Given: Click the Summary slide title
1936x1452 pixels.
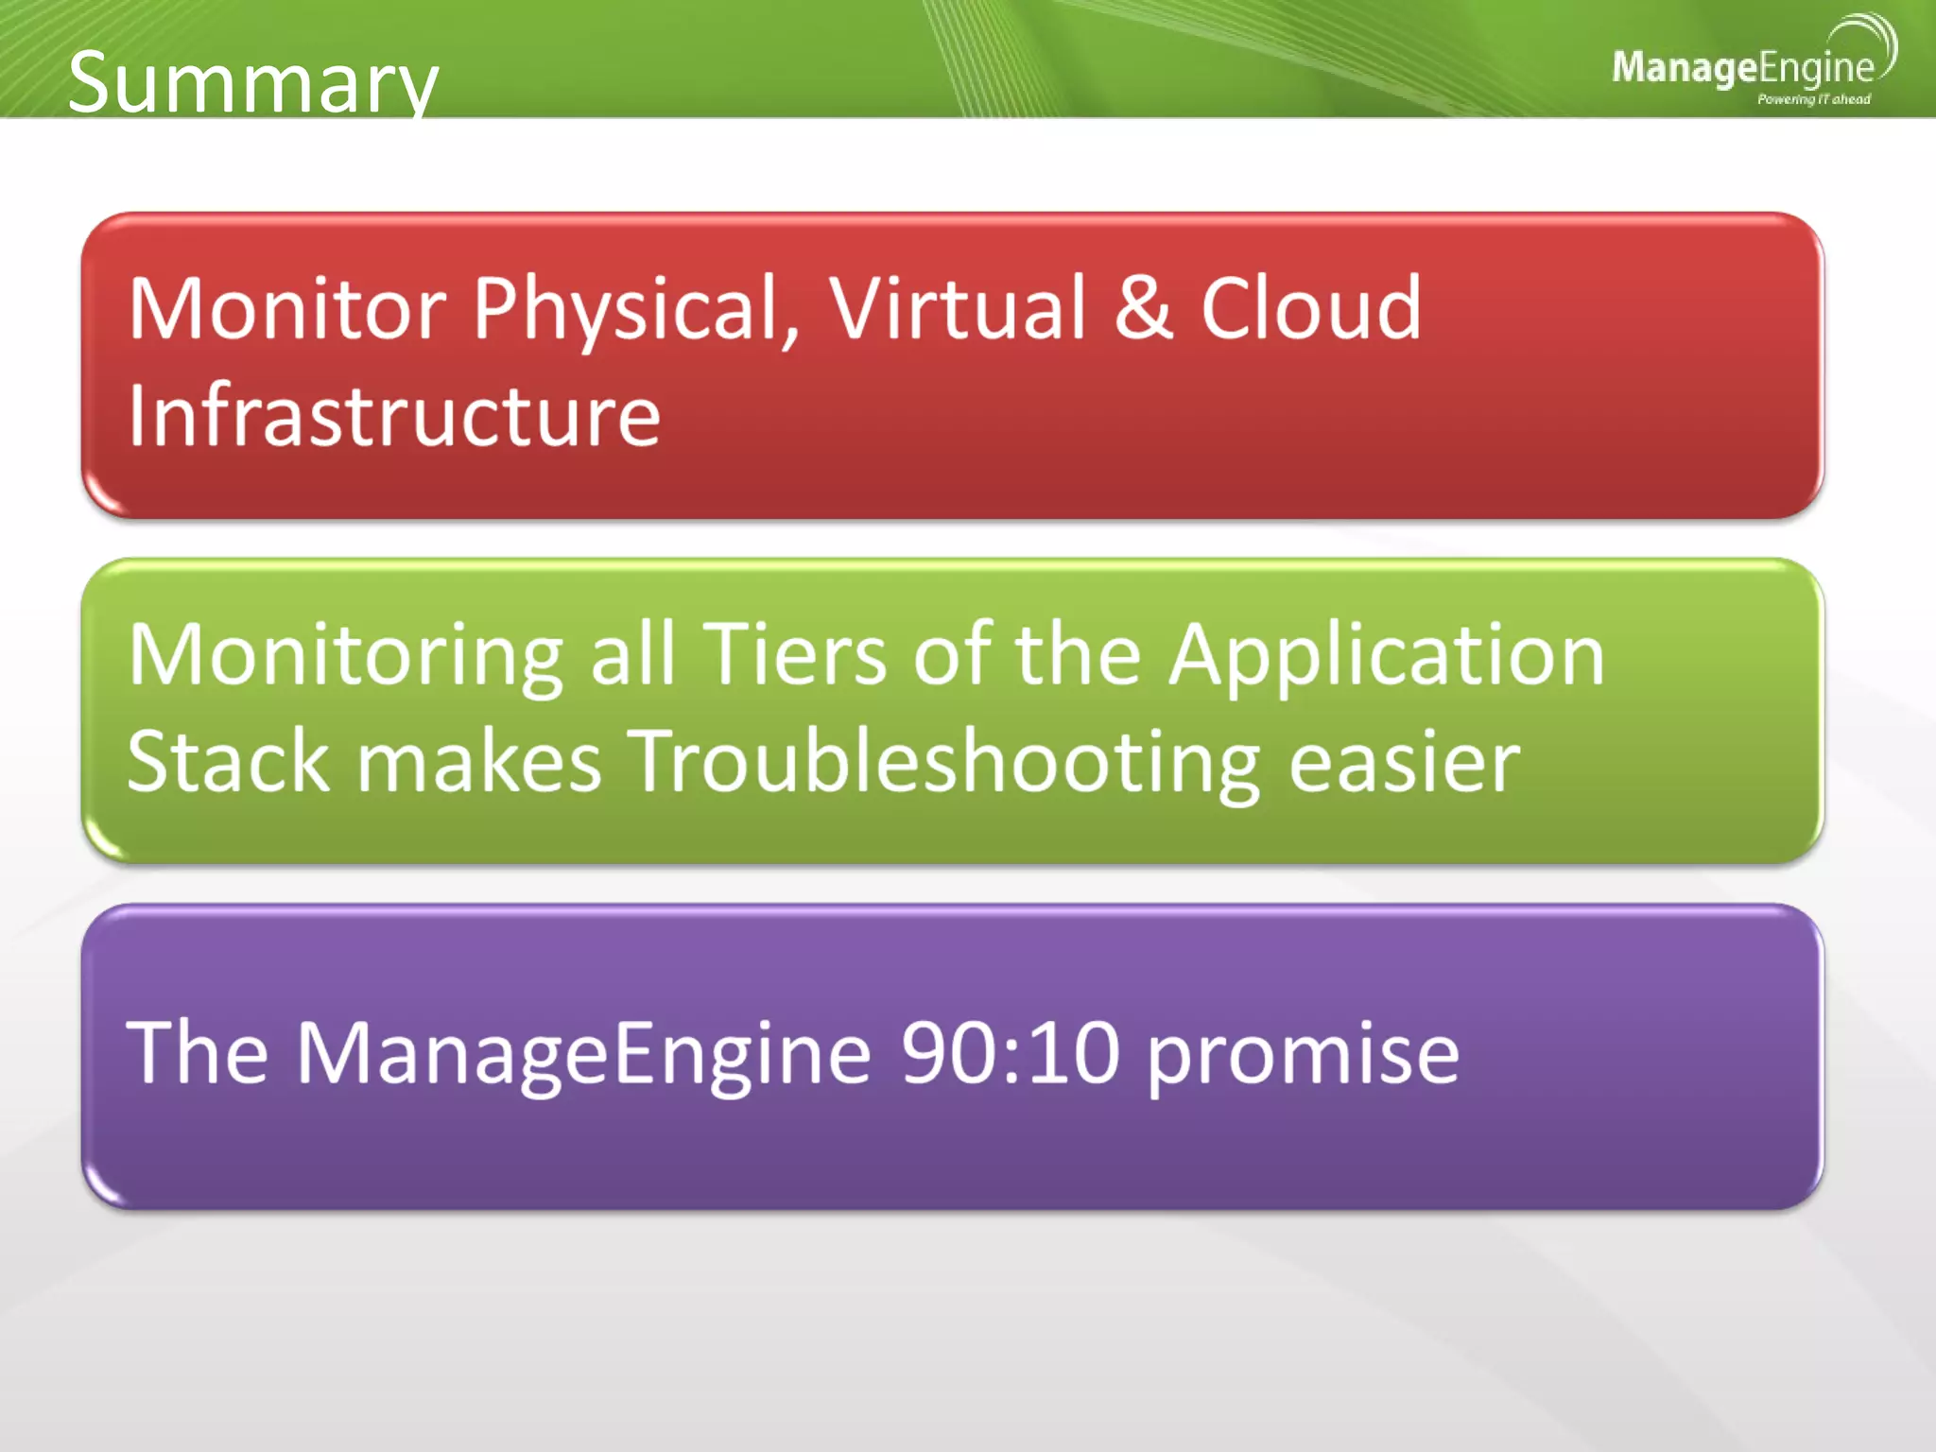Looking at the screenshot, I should click(252, 83).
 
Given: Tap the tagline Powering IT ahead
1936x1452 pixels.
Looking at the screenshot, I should click(1813, 99).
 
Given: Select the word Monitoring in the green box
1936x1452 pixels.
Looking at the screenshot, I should click(346, 655).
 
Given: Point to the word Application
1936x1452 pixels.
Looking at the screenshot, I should click(1386, 657).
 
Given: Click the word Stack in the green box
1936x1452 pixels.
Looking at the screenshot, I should click(228, 761).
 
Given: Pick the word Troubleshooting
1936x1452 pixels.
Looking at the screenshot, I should click(943, 763).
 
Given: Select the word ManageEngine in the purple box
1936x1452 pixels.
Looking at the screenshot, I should click(582, 1054).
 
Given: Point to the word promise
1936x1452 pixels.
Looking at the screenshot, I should click(1304, 1056).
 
